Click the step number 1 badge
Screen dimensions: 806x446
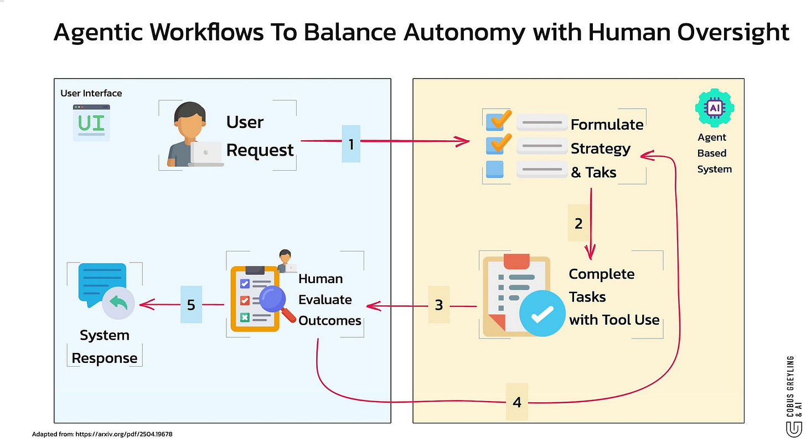(351, 143)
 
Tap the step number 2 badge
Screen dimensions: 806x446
(578, 223)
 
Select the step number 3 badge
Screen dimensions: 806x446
(438, 305)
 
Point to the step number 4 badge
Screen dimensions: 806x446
(516, 402)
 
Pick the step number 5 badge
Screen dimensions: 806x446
(191, 304)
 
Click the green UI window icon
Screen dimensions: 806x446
(91, 122)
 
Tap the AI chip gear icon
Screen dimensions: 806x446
(715, 107)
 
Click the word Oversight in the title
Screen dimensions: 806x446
(733, 33)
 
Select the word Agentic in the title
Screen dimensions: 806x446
(98, 33)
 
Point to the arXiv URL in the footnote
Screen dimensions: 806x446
(124, 434)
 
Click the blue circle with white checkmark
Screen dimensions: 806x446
(542, 314)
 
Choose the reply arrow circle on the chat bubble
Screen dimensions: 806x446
(118, 303)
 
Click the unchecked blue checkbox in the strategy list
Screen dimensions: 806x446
(495, 169)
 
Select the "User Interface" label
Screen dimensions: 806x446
(91, 93)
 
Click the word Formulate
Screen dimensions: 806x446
(607, 125)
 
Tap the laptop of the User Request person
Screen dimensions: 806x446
(205, 154)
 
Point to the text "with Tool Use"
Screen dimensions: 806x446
(614, 320)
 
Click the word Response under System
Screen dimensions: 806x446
(104, 358)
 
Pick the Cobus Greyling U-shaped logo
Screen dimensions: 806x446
(793, 430)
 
